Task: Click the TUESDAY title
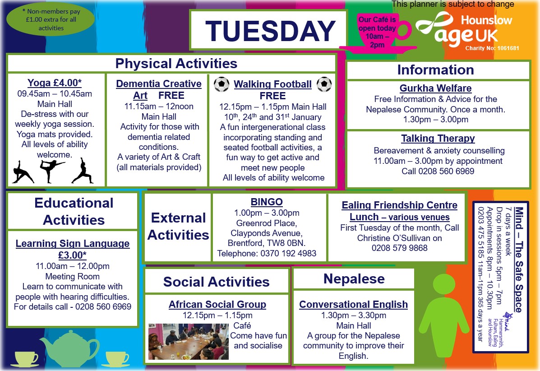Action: point(270,31)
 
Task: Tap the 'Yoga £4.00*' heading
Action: point(55,83)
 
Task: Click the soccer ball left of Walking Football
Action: point(222,84)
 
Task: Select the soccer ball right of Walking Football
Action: point(324,84)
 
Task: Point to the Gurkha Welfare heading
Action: point(435,88)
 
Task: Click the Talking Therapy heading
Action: point(438,139)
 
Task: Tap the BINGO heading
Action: point(267,202)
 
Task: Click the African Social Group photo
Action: point(188,341)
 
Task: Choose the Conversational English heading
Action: point(353,305)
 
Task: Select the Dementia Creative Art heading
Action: point(159,89)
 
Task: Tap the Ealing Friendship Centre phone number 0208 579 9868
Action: point(399,247)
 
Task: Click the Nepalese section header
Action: point(354,279)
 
